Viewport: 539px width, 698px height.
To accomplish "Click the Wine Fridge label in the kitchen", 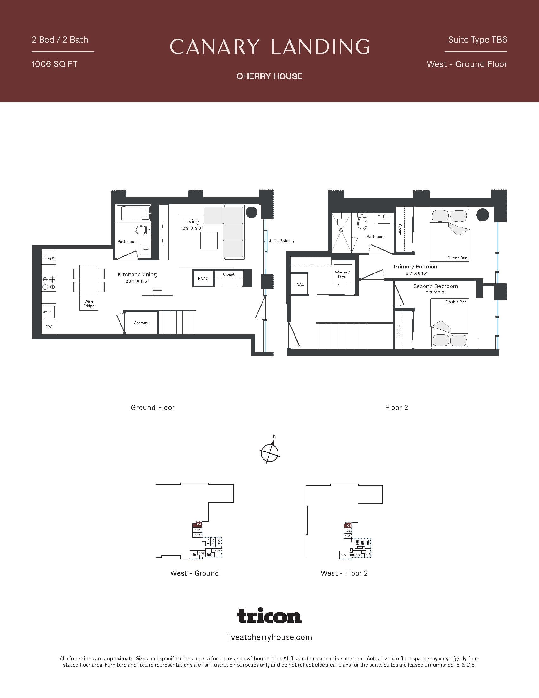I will coord(89,303).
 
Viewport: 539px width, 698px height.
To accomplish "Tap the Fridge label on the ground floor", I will coord(48,257).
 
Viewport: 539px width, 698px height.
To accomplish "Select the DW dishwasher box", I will coord(49,326).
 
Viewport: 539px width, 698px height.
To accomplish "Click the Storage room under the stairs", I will coord(141,323).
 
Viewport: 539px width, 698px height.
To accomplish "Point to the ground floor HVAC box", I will coord(203,278).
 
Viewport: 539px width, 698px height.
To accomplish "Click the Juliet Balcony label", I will coord(281,241).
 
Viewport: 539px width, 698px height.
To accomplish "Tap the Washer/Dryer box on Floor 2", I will coord(342,274).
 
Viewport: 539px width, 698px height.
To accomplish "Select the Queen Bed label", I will coord(457,258).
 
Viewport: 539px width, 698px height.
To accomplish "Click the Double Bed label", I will coord(456,302).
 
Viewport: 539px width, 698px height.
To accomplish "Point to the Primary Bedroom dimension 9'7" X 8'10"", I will coord(416,273).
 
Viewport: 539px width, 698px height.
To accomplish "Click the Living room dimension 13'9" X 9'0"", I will coord(192,228).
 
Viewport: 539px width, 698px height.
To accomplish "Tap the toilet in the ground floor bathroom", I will coord(141,229).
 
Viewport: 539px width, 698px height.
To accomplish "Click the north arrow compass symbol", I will coord(270,452).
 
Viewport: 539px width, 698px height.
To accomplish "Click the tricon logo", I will coord(269,616).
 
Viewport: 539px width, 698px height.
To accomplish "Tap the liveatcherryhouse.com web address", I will coord(269,638).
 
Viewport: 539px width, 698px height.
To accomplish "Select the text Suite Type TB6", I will coord(477,40).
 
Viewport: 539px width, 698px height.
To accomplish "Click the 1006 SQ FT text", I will coord(54,64).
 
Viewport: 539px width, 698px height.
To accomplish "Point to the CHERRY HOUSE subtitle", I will coord(269,76).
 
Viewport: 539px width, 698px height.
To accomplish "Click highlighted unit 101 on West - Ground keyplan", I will coord(198,524).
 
